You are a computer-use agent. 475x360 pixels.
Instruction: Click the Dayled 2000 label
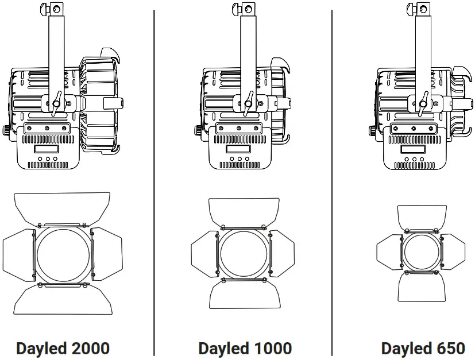click(x=63, y=348)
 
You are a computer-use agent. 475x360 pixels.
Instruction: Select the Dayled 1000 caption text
click(x=245, y=348)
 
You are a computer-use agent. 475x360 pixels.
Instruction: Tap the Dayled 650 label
click(x=423, y=348)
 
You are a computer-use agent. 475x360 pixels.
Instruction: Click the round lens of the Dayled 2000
click(x=64, y=255)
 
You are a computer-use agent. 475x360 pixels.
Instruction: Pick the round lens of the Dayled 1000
click(x=243, y=253)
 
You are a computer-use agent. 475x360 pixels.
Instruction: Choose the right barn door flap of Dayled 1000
click(x=282, y=253)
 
